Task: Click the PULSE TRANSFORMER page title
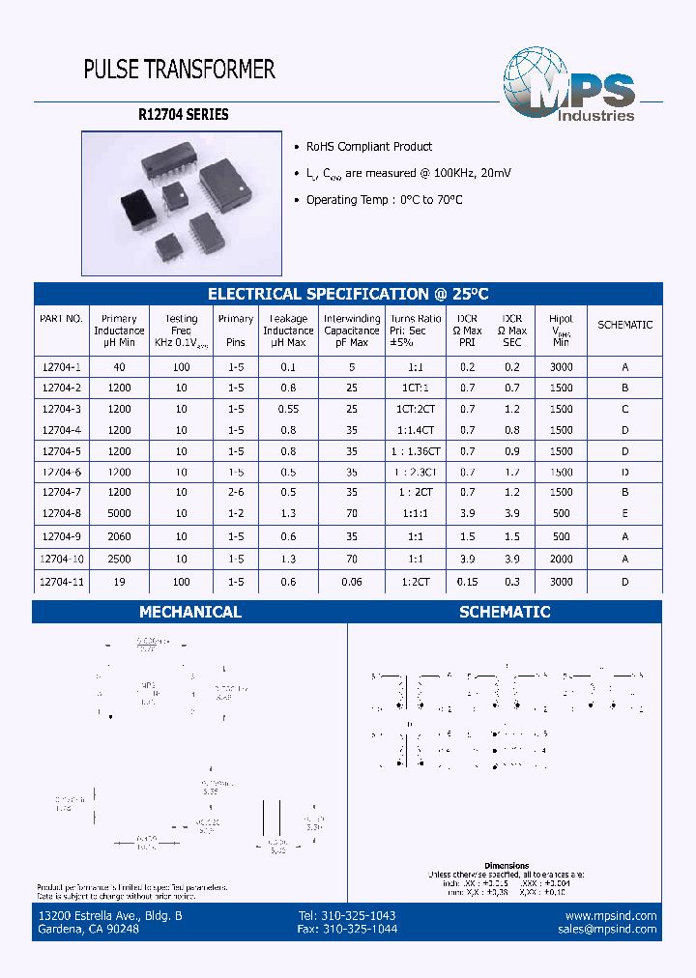(x=180, y=70)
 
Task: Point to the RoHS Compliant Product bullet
(x=368, y=147)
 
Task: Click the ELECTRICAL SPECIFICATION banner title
(x=349, y=294)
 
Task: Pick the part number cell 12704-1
(x=61, y=367)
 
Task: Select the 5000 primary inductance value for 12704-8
(x=119, y=514)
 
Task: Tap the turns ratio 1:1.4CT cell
(x=416, y=430)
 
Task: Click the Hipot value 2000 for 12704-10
(x=561, y=560)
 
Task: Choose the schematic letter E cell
(x=625, y=514)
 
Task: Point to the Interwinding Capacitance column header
(x=352, y=331)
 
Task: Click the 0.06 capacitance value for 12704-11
(x=352, y=582)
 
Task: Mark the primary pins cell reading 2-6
(x=235, y=493)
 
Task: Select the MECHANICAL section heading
(x=190, y=612)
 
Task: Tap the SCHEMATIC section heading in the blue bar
(x=505, y=612)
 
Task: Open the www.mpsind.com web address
(x=611, y=915)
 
